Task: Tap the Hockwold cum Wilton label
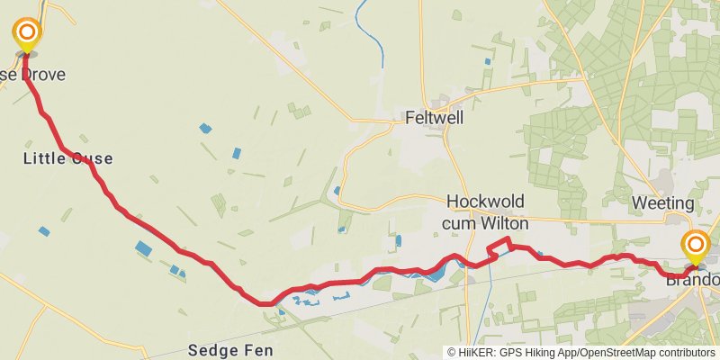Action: [485, 211]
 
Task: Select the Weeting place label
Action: [662, 202]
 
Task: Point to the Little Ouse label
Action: [67, 158]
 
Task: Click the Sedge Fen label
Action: [229, 349]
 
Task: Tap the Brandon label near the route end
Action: [693, 280]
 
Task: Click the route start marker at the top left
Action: [27, 34]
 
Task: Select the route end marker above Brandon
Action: [695, 244]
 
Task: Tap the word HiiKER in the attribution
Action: [476, 353]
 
